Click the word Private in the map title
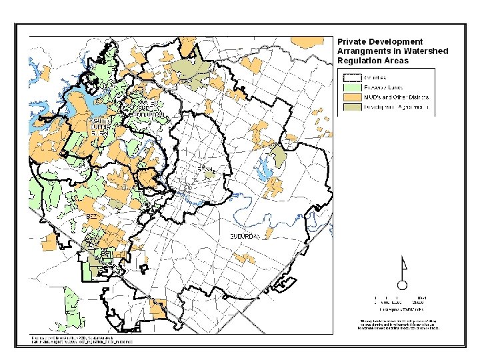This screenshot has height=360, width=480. click(x=351, y=42)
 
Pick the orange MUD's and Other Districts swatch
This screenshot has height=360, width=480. click(x=351, y=97)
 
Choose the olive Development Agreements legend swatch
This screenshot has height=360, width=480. click(x=351, y=107)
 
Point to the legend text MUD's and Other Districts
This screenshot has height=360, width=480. click(x=396, y=97)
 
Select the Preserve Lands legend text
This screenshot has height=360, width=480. click(x=383, y=87)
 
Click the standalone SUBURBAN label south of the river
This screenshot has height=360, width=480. click(x=248, y=237)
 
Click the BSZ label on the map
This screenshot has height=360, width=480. click(x=91, y=217)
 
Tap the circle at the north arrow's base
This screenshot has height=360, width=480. click(x=402, y=284)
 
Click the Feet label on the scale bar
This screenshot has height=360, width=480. click(x=421, y=297)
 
